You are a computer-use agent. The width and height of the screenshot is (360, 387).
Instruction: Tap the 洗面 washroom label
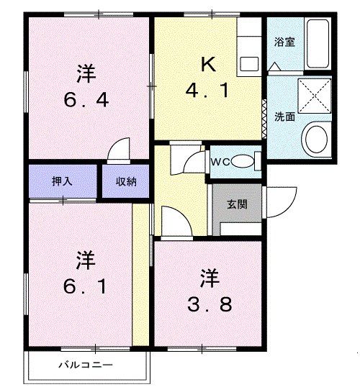pos(284,117)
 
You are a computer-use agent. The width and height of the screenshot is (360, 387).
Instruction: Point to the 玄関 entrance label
pos(237,204)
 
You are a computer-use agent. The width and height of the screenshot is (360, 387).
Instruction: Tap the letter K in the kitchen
pos(207,65)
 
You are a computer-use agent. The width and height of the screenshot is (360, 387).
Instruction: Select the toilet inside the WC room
pos(245,161)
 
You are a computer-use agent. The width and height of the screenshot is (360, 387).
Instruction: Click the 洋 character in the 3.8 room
pos(209,276)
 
